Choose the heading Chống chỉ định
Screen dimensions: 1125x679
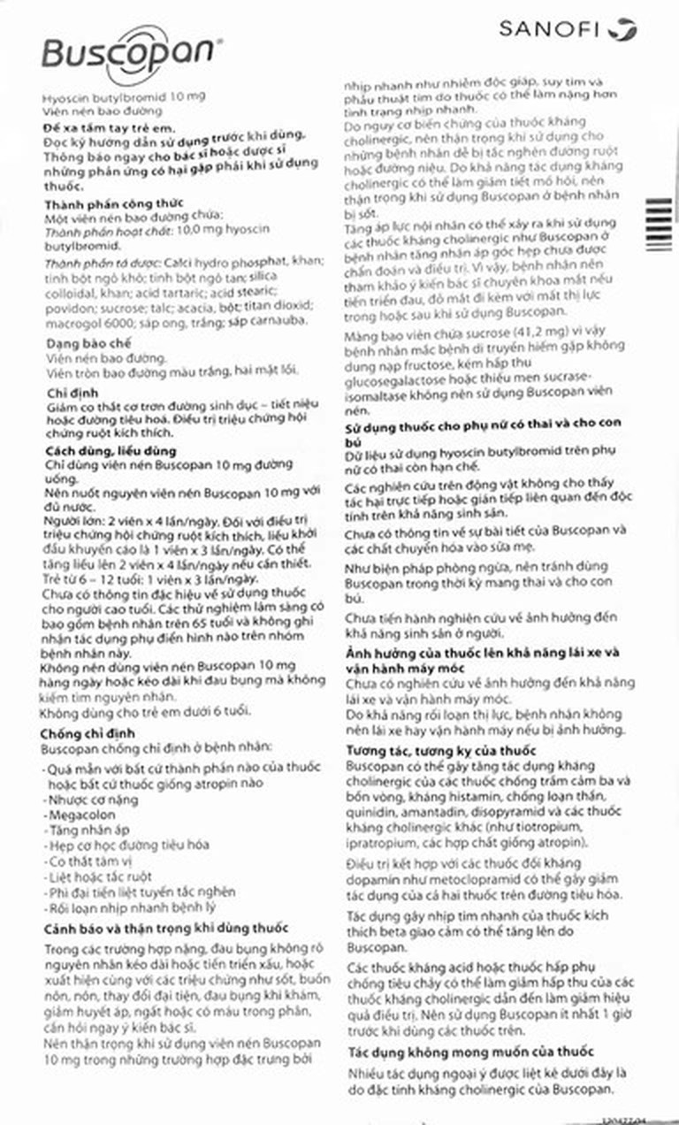[86, 732]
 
